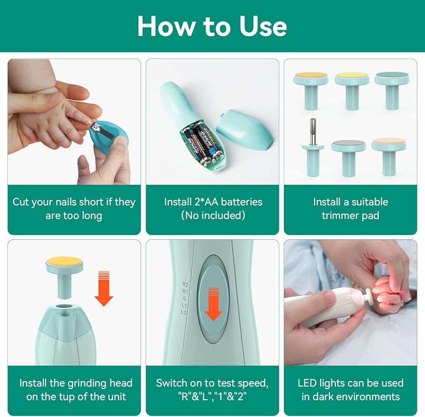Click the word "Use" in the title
pos(263,26)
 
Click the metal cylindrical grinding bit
pos(313,131)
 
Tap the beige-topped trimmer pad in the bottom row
pos(389,157)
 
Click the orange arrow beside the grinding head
pos(104,289)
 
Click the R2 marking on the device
pos(185,284)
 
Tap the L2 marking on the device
pos(184,312)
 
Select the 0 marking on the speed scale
pos(184,298)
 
